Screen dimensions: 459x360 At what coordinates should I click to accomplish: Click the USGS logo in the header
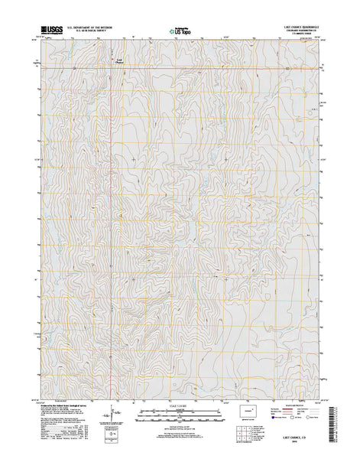coord(50,31)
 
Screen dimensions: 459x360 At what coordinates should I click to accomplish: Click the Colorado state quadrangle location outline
coord(249,409)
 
